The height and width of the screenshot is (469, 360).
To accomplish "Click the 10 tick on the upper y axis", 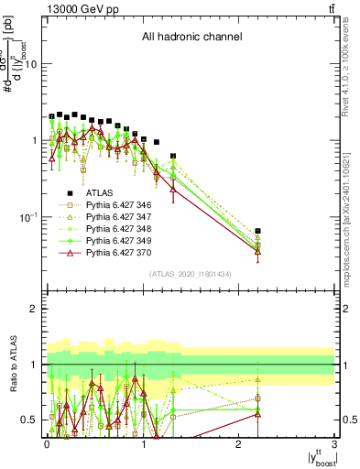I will coord(31,64).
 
